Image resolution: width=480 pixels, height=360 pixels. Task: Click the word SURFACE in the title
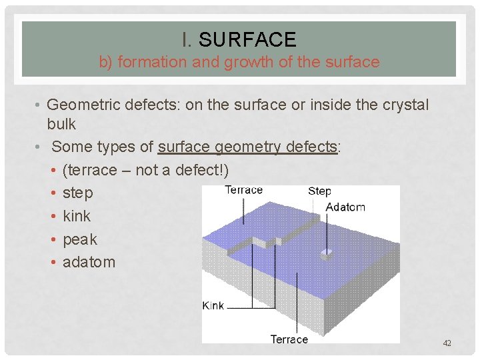point(247,40)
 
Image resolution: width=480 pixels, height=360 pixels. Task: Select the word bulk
point(61,124)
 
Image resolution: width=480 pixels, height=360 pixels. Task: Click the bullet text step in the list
point(77,193)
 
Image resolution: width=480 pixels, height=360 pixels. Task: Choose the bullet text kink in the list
point(76,216)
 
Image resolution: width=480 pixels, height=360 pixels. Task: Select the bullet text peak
point(79,239)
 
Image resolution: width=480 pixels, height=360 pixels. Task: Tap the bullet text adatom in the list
point(89,262)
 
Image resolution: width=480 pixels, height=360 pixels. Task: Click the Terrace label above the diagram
point(243,190)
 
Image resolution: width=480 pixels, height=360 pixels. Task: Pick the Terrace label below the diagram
point(289,339)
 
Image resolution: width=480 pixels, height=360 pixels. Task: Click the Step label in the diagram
point(319,191)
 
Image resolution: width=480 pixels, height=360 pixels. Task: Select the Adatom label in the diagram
point(345,207)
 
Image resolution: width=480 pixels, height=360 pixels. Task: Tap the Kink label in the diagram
point(213,305)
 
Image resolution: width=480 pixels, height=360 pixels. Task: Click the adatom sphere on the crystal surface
point(326,253)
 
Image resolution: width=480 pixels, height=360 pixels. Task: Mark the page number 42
point(447,343)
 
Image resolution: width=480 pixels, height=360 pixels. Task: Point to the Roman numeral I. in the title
point(187,40)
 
